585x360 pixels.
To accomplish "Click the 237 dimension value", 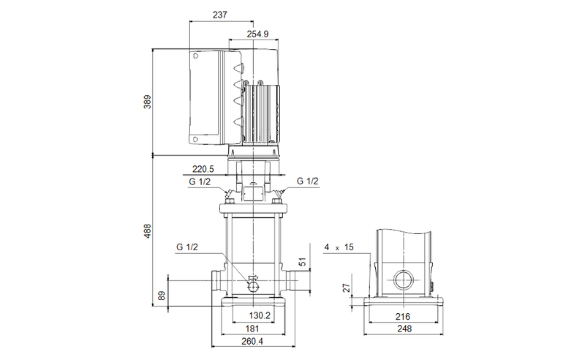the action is click(x=220, y=15).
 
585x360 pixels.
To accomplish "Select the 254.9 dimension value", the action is click(x=257, y=34).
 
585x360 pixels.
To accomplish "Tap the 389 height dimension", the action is click(x=148, y=102).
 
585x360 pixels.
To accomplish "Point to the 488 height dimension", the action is click(x=148, y=231).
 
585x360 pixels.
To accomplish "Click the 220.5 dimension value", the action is click(x=203, y=169).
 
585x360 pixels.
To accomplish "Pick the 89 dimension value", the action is click(x=162, y=296).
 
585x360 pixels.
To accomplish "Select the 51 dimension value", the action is click(x=303, y=261).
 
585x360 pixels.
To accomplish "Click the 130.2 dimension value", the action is click(x=260, y=315).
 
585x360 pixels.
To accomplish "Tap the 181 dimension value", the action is click(x=252, y=329).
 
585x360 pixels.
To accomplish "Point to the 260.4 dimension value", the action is click(x=252, y=341).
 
